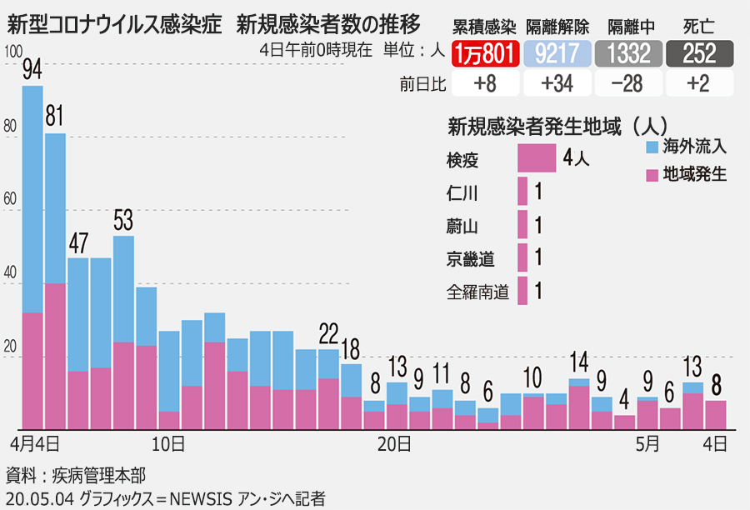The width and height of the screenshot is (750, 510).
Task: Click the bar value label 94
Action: tap(32, 70)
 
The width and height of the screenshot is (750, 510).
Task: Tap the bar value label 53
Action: tap(123, 221)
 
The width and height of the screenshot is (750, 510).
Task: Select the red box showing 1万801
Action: tap(486, 54)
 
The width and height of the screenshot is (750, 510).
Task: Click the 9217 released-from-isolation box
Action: tap(557, 54)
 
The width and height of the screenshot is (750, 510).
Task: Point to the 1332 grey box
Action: tap(628, 54)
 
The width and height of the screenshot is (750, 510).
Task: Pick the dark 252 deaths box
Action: tap(700, 54)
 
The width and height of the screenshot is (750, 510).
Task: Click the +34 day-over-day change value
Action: tap(557, 83)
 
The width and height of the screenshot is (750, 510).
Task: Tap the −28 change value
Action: tap(628, 83)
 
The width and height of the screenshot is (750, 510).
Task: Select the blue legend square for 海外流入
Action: tap(653, 147)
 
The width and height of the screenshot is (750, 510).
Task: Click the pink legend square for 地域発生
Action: tap(653, 175)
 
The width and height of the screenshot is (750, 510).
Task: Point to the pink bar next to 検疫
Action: tap(537, 158)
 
